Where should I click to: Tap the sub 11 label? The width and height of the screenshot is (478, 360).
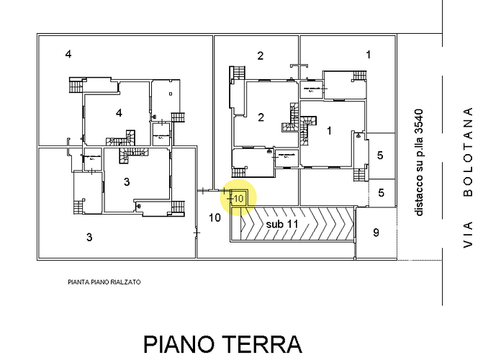281,224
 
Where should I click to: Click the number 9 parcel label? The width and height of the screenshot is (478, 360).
376,232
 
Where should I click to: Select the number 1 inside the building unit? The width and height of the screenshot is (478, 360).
329,130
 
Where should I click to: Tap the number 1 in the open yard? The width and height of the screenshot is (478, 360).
368,54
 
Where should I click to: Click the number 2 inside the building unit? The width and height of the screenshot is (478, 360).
261,117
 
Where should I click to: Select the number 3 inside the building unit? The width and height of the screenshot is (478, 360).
127,181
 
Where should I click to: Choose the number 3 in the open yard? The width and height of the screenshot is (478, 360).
89,236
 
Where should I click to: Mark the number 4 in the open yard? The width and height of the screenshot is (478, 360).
68,54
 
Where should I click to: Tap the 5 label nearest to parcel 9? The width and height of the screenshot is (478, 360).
381,192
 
